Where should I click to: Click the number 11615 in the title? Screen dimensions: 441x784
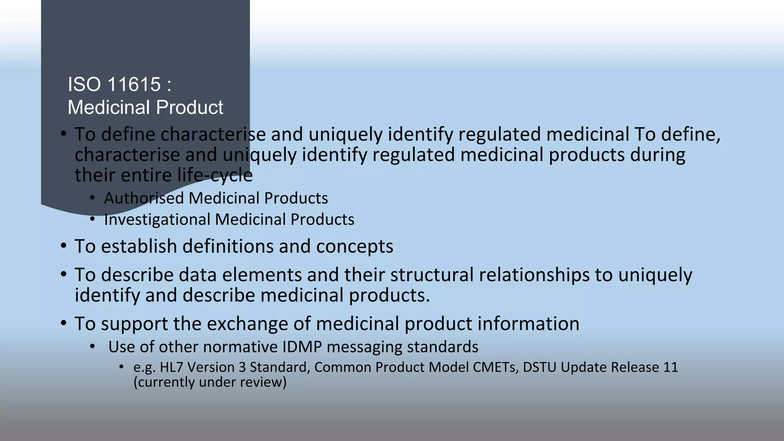pos(134,84)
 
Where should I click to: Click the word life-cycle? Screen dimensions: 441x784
pos(215,175)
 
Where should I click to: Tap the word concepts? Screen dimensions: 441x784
pos(354,246)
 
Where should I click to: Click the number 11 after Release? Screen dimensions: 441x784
pos(670,367)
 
